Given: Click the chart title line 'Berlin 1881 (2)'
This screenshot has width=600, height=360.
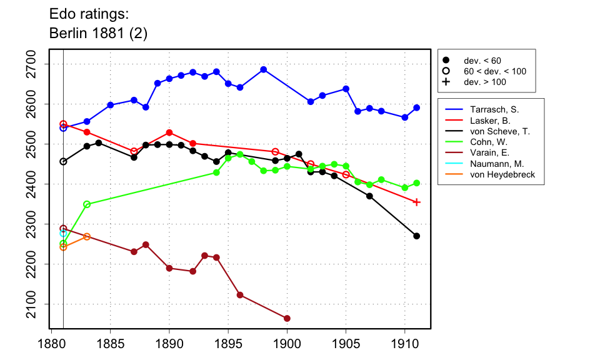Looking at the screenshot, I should point(98,34).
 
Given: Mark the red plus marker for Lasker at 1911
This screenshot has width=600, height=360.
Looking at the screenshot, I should point(417,202).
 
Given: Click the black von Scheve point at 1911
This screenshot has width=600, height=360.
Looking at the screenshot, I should point(417,236).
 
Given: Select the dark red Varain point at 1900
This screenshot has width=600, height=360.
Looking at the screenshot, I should point(287,319).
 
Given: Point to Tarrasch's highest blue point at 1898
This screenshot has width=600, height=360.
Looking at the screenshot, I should point(263,69).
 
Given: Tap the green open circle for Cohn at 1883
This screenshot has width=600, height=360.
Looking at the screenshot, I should point(87,204).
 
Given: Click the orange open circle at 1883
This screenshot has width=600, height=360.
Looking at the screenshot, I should point(87,237).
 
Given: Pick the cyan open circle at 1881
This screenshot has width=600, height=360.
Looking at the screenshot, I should point(63,233).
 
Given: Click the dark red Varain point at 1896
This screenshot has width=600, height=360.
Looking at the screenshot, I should point(240,295).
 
